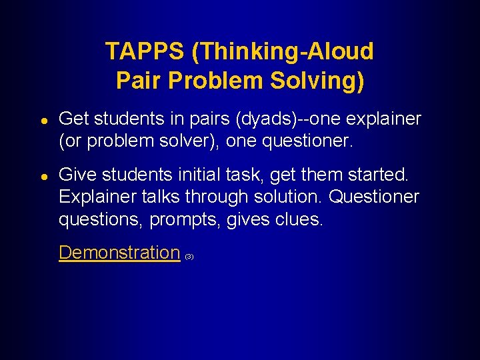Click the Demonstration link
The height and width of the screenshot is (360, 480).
pyautogui.click(x=119, y=253)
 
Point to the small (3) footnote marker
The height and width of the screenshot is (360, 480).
pyautogui.click(x=189, y=257)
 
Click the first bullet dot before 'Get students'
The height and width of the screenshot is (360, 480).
pyautogui.click(x=42, y=120)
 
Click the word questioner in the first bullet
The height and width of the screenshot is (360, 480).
pyautogui.click(x=312, y=141)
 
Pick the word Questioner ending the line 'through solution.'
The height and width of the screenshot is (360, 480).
pyautogui.click(x=375, y=197)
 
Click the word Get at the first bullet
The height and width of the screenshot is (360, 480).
pyautogui.click(x=74, y=119)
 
